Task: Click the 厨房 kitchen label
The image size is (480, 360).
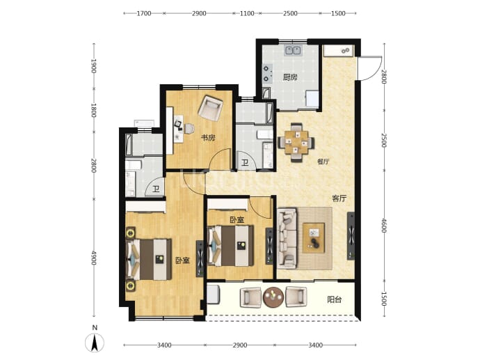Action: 289,77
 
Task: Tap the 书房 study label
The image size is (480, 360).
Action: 208,138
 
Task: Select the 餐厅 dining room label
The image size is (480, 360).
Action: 323,162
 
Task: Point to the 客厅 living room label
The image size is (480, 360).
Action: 339,198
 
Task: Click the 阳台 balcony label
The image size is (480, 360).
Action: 335,299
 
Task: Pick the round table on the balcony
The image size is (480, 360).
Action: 273,297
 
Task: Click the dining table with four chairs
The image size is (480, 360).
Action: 296,143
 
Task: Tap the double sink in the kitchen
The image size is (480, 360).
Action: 294,50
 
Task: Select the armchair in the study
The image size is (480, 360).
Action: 210,107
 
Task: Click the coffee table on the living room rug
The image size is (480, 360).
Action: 314,238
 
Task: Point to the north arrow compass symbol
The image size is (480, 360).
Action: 95,342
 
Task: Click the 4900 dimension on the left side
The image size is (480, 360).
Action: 94,258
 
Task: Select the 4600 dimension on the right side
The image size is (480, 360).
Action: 384,225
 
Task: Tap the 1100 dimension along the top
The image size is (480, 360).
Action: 247,13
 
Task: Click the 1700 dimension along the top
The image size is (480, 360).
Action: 144,13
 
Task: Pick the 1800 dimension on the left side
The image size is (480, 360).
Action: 94,110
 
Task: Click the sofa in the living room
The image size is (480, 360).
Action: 287,238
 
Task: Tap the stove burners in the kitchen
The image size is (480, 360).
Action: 266,73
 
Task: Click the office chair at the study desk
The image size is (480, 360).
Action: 189,129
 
